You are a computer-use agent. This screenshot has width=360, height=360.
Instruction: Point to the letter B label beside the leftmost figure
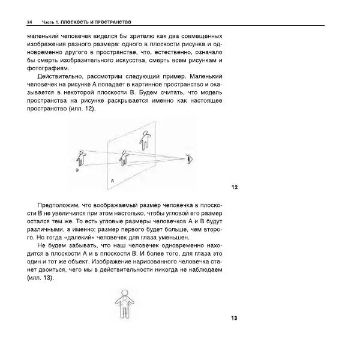coord(77,171)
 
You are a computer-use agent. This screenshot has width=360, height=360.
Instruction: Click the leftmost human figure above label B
coord(81,158)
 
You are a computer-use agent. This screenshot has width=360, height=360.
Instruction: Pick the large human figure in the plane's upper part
coord(143,140)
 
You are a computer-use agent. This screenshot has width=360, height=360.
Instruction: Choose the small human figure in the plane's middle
coord(124,158)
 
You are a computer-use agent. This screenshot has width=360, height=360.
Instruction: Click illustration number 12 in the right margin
coord(235,187)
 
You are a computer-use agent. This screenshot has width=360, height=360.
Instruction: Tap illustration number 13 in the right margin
coord(235,318)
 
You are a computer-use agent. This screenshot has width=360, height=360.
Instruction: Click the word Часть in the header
coord(48,22)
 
